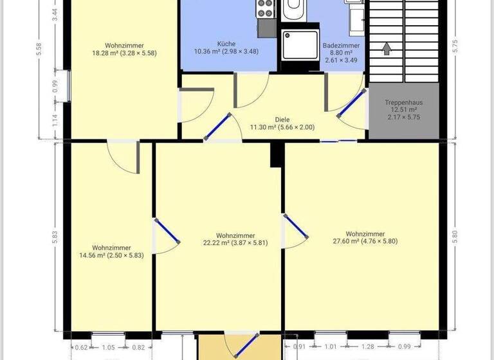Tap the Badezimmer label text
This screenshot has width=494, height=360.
341,46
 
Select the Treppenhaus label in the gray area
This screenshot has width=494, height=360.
403,103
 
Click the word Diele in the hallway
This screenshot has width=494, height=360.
282,120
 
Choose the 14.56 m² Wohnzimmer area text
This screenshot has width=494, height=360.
111,255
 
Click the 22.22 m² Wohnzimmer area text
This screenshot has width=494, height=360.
235,243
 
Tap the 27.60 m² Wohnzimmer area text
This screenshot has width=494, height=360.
365,241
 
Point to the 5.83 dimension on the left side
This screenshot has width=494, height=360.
55,237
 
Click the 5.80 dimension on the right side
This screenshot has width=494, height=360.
454,237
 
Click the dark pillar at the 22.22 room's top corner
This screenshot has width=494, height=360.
277,155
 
